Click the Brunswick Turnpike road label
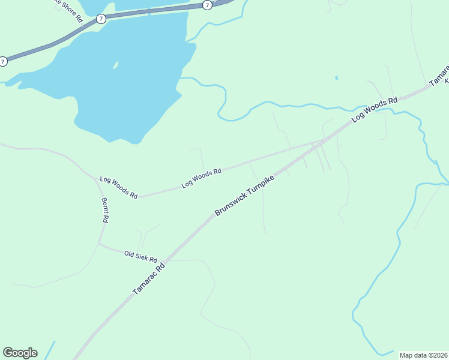pyautogui.click(x=245, y=196)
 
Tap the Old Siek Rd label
pyautogui.click(x=140, y=256)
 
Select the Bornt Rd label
pyautogui.click(x=104, y=210)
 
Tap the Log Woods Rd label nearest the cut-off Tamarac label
pyautogui.click(x=375, y=110)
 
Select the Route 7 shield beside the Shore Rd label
pyautogui.click(x=100, y=19)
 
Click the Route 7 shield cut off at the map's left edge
pyautogui.click(x=3, y=61)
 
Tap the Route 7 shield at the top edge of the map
pyautogui.click(x=207, y=5)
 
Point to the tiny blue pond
pyautogui.click(x=336, y=77)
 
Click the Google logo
pyautogui.click(x=20, y=353)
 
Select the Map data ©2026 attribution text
pyautogui.click(x=424, y=355)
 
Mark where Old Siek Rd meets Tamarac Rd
pyautogui.click(x=164, y=260)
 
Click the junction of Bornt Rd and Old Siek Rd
pyautogui.click(x=99, y=244)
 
